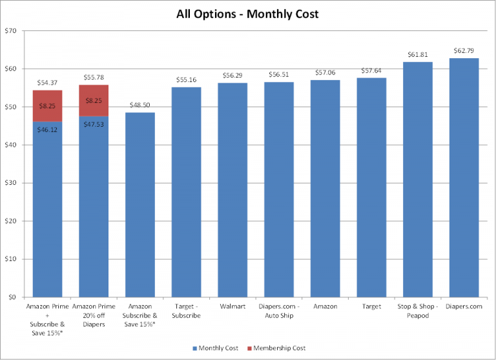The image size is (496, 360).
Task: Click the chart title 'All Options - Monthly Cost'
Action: [x=247, y=14]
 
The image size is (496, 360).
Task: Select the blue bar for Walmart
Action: [x=232, y=190]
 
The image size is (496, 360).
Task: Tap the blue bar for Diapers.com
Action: [x=464, y=178]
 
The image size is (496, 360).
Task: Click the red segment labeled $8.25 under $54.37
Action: [x=47, y=106]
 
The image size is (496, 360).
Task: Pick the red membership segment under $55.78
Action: [x=94, y=101]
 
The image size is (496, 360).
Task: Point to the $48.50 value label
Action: [x=139, y=105]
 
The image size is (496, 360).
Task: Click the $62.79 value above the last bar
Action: [x=464, y=50]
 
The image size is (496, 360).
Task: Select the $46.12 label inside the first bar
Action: [x=47, y=129]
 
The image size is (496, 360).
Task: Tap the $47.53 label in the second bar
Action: [x=94, y=124]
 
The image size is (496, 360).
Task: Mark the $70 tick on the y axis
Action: [x=10, y=31]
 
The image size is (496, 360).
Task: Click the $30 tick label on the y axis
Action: [x=10, y=183]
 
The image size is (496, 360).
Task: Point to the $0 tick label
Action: [x=12, y=297]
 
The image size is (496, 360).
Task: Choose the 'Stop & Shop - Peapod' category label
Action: [x=418, y=311]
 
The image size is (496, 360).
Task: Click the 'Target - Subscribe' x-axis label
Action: [x=186, y=311]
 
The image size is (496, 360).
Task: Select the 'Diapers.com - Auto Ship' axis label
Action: [x=279, y=311]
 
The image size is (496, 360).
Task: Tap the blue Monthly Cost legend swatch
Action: [x=195, y=348]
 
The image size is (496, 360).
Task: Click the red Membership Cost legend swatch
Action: [x=249, y=348]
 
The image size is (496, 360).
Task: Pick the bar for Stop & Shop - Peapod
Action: [x=418, y=180]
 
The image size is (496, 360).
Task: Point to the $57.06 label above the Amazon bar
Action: [x=325, y=72]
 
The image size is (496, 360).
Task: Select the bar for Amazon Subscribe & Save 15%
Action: [x=140, y=205]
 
